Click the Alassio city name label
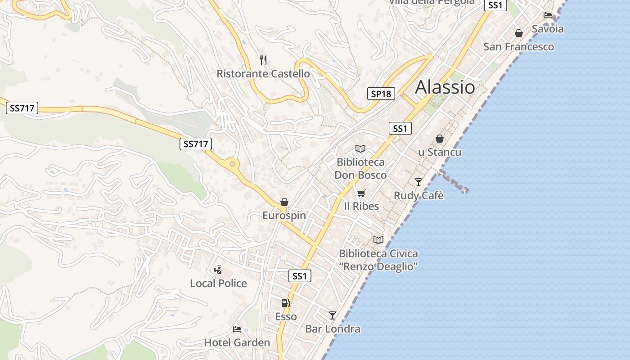pos(445,87)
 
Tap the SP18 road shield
pos(381,94)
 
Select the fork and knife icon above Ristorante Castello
pos(263,60)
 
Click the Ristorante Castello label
pos(263,74)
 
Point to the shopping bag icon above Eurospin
pos(284,202)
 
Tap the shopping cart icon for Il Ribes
pos(361,193)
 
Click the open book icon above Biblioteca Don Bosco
pos(360,148)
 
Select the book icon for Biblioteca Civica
pos(378,240)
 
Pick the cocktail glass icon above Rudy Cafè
pos(418,182)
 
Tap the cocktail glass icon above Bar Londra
pos(333,315)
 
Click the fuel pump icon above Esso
pos(285,303)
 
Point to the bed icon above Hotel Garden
pos(237,329)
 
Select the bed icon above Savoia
pos(548,15)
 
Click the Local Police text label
pos(218,283)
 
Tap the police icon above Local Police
pos(218,270)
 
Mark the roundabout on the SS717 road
pos(232,164)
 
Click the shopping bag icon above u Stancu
pos(440,139)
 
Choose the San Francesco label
pos(518,47)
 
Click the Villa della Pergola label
pos(432,2)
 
